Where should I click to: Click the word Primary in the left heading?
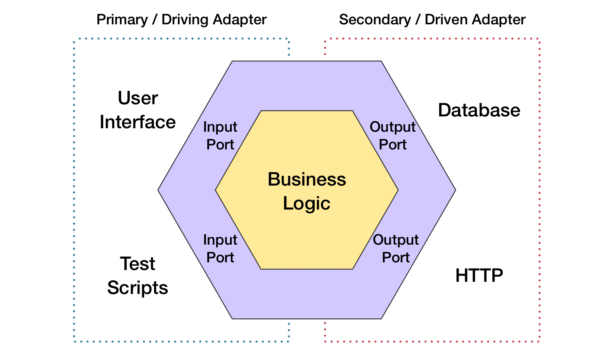pyautogui.click(x=122, y=20)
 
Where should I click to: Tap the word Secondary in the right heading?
pyautogui.click(x=375, y=20)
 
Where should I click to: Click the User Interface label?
pyautogui.click(x=138, y=110)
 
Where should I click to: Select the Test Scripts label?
pyautogui.click(x=138, y=276)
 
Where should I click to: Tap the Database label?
pyautogui.click(x=479, y=111)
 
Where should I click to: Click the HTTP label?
pyautogui.click(x=479, y=276)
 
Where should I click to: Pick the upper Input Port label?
pyautogui.click(x=220, y=136)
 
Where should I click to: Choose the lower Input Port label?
pyautogui.click(x=220, y=249)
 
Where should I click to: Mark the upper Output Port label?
pyautogui.click(x=393, y=136)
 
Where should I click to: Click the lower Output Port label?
pyautogui.click(x=396, y=249)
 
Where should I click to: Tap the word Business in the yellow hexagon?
pyautogui.click(x=307, y=179)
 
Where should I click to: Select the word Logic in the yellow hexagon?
pyautogui.click(x=306, y=203)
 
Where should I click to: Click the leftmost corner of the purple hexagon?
pyautogui.click(x=158, y=190)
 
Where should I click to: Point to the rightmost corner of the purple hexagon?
pyautogui.click(x=455, y=190)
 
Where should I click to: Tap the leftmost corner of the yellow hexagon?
pyautogui.click(x=216, y=190)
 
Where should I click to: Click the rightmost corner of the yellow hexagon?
pyautogui.click(x=398, y=190)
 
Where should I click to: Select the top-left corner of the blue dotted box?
pyautogui.click(x=74, y=39)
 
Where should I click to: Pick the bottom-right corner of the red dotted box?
pyautogui.click(x=539, y=341)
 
